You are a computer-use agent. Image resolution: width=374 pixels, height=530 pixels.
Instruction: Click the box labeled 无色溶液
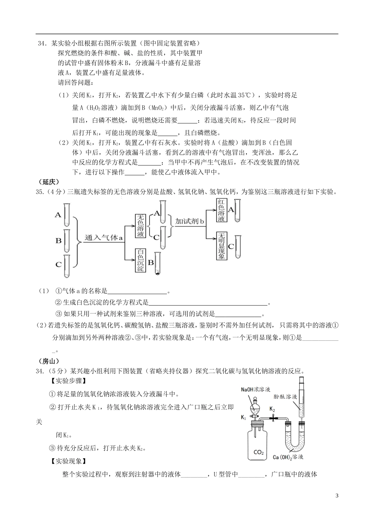coord(141,226)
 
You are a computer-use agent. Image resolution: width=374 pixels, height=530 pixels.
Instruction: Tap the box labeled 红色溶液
coord(221,211)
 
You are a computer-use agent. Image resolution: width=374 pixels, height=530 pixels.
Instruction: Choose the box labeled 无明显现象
coord(221,246)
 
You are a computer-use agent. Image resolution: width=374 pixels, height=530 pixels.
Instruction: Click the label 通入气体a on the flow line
coord(104,238)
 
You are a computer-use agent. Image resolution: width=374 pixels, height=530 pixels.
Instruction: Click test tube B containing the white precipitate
coord(157,262)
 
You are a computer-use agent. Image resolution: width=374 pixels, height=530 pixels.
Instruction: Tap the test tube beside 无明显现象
coord(237,246)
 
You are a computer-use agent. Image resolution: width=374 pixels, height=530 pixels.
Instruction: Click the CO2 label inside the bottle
coord(258,452)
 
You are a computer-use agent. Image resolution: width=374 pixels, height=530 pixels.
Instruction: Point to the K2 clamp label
coord(272,409)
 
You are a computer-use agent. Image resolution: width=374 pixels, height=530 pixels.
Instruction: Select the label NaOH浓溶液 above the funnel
coord(256,389)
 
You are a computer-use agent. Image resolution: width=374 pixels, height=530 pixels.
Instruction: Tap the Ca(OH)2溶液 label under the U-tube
coord(288,457)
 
